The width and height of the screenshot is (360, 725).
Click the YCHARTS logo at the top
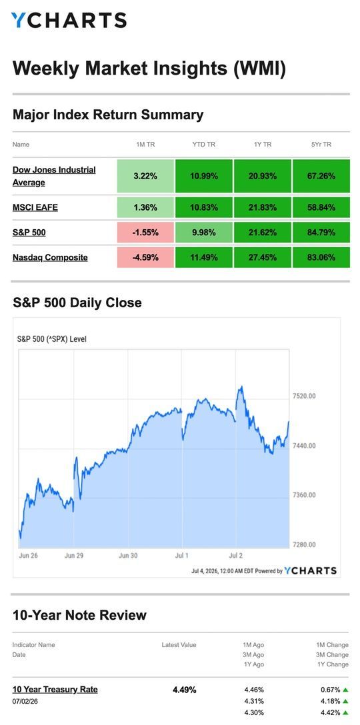pos(69,21)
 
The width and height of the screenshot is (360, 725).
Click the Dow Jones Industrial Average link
pos(54,176)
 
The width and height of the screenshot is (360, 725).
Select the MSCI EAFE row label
pos(35,208)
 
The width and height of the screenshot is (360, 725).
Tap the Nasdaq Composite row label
pos(50,257)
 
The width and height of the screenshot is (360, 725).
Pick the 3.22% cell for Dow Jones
pos(145,176)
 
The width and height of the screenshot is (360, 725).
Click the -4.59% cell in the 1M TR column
pos(145,257)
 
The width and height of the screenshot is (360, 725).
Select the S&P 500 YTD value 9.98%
pos(204,233)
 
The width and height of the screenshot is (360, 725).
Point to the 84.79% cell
pos(321,233)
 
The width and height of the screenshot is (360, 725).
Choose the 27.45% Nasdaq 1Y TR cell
pos(263,257)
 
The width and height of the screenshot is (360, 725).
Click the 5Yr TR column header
pos(321,145)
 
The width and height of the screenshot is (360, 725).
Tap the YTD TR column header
pos(204,145)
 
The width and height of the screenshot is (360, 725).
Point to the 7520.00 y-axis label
pos(305,396)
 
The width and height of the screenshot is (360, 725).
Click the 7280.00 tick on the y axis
pos(305,544)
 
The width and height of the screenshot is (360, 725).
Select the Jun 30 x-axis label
pos(128,556)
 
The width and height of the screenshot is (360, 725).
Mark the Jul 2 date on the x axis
pos(236,556)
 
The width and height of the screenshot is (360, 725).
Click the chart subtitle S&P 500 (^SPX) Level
pos(52,339)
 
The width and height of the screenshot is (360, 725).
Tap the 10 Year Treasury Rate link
pos(55,690)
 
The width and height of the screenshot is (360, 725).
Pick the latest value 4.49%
pos(184,690)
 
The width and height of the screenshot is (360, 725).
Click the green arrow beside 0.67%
pos(345,690)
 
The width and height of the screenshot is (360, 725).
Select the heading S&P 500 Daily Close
pos(77,303)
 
